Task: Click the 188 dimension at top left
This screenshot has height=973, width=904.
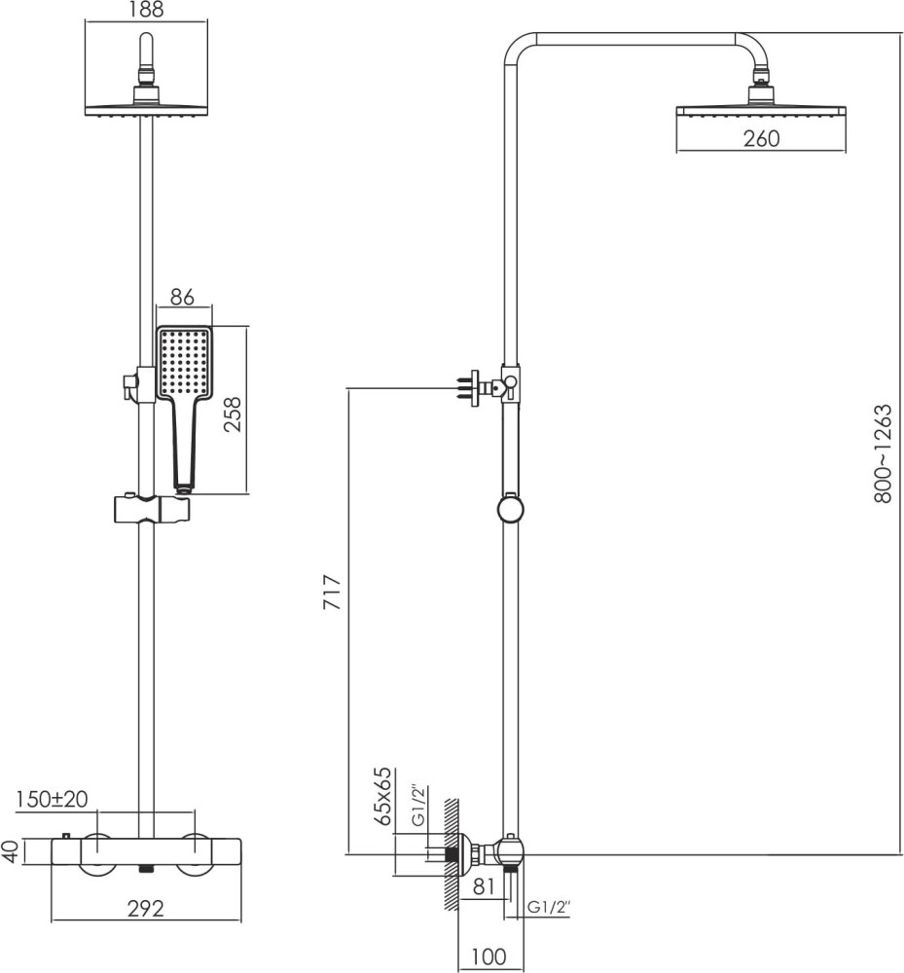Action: coord(146,10)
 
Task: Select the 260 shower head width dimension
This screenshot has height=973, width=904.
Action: coord(761,138)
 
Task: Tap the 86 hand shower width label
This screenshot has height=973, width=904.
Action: coord(182,297)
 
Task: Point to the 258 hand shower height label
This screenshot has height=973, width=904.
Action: coord(231,414)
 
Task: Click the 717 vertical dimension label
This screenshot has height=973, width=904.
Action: coord(333,592)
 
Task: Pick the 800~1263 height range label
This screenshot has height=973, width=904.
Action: coord(883,453)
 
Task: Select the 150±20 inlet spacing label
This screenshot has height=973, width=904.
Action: coord(52,799)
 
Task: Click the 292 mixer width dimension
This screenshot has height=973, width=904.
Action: coord(146,909)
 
